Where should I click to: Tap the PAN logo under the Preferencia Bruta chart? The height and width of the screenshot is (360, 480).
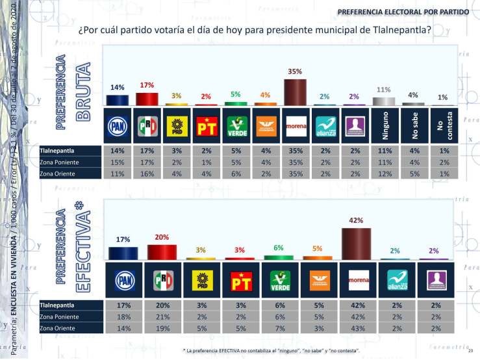pyautogui.click(x=117, y=126)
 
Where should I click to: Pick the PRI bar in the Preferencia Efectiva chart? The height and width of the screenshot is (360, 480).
pyautogui.click(x=162, y=252)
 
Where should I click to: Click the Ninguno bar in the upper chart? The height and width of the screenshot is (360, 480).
pyautogui.click(x=383, y=101)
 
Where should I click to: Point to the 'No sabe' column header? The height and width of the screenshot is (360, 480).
pyautogui.click(x=413, y=126)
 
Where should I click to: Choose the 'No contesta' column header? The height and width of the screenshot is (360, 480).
pyautogui.click(x=442, y=126)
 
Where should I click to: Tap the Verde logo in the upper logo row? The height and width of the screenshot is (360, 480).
pyautogui.click(x=235, y=126)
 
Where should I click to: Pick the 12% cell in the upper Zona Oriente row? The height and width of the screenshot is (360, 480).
pyautogui.click(x=383, y=175)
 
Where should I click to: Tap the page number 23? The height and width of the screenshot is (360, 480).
pyautogui.click(x=468, y=351)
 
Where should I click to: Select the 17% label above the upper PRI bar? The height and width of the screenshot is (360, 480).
pyautogui.click(x=147, y=86)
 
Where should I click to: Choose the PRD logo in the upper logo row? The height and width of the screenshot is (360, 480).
pyautogui.click(x=176, y=126)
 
